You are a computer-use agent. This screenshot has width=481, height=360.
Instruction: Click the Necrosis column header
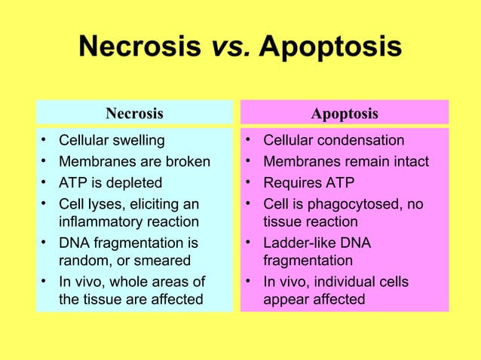click(x=134, y=114)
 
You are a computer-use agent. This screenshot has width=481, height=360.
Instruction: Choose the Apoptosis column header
click(x=345, y=114)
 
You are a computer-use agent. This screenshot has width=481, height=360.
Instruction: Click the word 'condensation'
click(x=361, y=141)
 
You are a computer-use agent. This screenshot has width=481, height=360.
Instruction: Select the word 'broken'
click(x=188, y=162)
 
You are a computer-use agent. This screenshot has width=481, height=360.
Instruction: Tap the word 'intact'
click(x=409, y=162)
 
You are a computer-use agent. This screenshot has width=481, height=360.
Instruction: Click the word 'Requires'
click(x=291, y=182)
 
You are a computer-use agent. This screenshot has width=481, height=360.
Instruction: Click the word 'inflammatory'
click(x=98, y=222)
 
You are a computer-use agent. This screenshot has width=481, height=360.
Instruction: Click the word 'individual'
click(x=343, y=282)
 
